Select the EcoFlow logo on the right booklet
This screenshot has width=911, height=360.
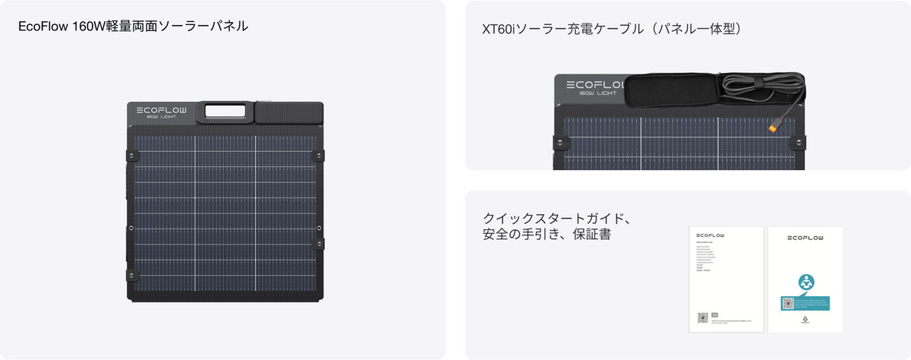click(x=805, y=237)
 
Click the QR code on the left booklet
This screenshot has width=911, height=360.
click(x=703, y=317)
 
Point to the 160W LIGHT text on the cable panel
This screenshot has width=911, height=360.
click(x=597, y=94)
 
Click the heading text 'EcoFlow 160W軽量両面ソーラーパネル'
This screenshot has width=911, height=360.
click(x=134, y=27)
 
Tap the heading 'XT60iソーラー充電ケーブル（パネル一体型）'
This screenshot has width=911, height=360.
click(x=612, y=30)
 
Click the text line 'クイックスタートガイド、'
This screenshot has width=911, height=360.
click(x=558, y=219)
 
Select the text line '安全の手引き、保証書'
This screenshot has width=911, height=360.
click(x=547, y=236)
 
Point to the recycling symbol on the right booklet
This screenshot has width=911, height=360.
click(x=805, y=321)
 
